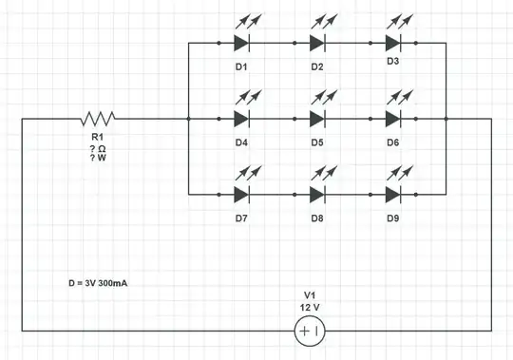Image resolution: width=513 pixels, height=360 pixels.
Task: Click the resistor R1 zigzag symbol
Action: [x=98, y=119]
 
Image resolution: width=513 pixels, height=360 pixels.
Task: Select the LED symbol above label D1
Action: [x=241, y=43]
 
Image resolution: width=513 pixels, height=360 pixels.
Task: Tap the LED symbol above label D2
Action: [x=317, y=43]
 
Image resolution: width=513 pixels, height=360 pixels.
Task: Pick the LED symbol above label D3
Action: [x=393, y=43]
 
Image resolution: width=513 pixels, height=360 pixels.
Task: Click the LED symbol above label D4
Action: [x=241, y=119]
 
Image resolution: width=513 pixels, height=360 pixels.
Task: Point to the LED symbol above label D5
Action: [x=317, y=119]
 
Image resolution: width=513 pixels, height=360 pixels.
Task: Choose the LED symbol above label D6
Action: [x=393, y=119]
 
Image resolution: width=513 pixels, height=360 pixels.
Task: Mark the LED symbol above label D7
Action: [x=241, y=195]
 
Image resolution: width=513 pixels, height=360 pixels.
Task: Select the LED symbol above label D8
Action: [x=317, y=195]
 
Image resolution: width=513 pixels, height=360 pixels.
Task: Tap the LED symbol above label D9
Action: [x=393, y=195]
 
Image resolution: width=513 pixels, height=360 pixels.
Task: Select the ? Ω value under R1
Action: [x=98, y=149]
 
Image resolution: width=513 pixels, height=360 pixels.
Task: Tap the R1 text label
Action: [x=98, y=139]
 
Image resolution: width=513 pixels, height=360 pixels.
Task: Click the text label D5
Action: [x=316, y=142]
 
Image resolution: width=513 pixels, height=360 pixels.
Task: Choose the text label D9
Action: [x=392, y=218]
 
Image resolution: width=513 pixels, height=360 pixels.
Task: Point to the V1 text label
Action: [x=310, y=294]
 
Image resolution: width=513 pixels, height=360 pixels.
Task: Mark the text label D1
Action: [x=240, y=66]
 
